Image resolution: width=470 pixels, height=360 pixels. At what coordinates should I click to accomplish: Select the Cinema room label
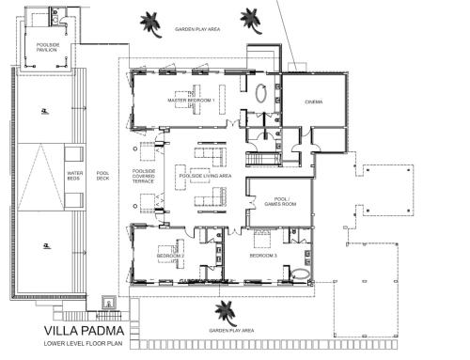pos(314,102)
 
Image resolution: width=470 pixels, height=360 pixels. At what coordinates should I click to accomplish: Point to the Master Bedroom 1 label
pos(192,100)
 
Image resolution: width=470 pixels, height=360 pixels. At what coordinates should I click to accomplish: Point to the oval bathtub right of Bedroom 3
pos(301,275)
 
